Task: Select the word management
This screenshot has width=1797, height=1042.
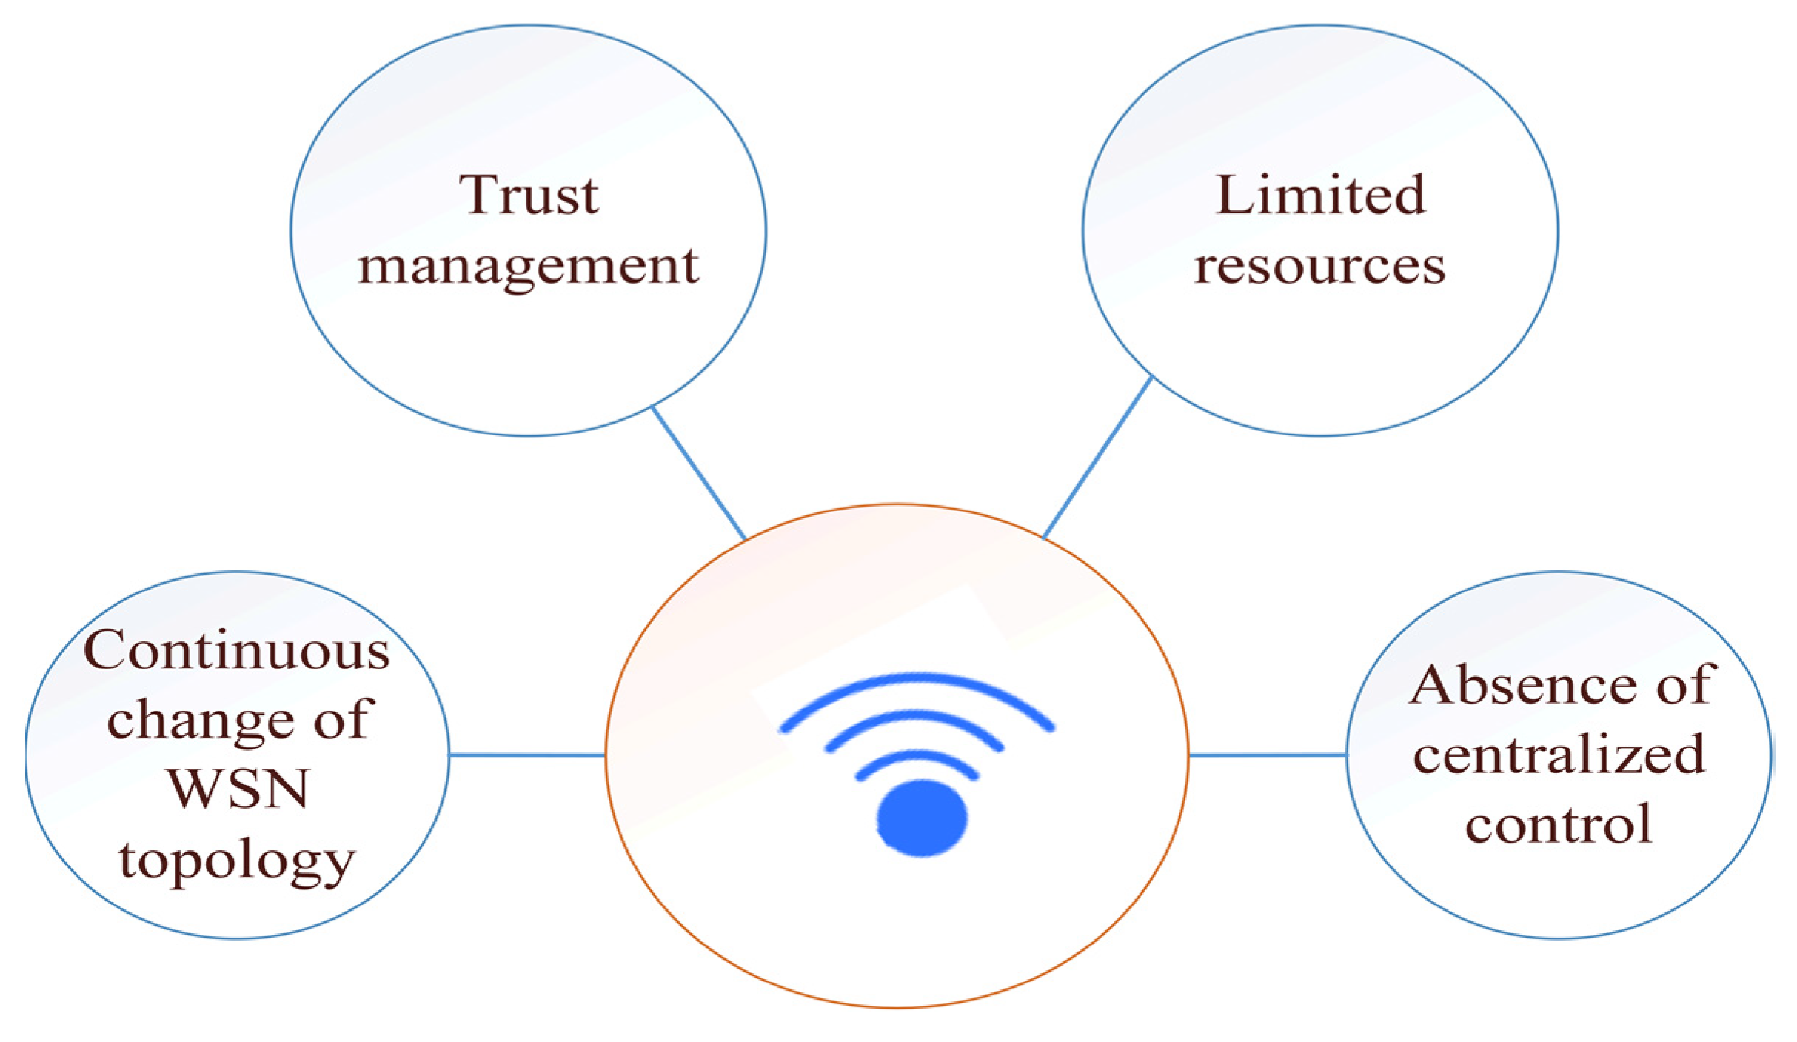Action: pyautogui.click(x=529, y=267)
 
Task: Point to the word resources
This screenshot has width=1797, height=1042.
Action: pyautogui.click(x=1319, y=267)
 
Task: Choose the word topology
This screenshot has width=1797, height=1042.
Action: pyautogui.click(x=237, y=861)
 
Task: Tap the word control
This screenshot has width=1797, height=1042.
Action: pyautogui.click(x=1558, y=824)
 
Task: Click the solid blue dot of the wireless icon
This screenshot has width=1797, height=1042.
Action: pyautogui.click(x=922, y=818)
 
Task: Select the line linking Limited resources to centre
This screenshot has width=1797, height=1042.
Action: pyautogui.click(x=1097, y=458)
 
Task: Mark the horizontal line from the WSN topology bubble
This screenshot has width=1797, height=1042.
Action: pyautogui.click(x=527, y=755)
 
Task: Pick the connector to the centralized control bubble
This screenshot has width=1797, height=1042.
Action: pyautogui.click(x=1267, y=755)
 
